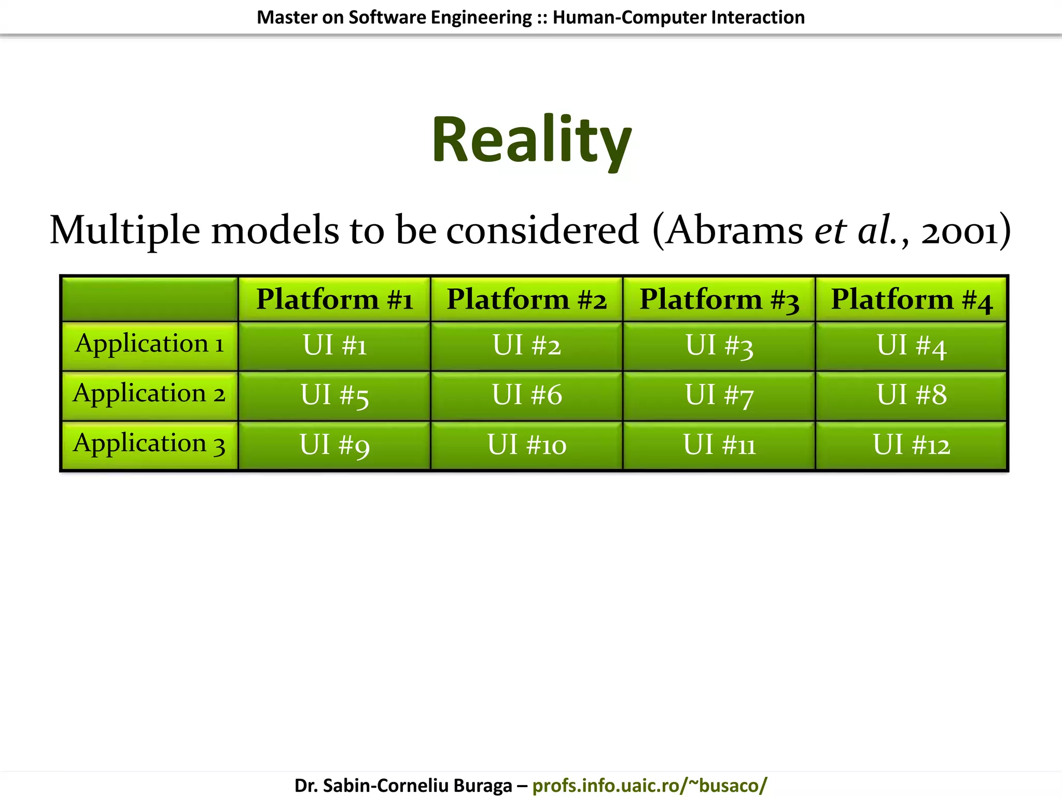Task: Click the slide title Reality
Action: (532, 140)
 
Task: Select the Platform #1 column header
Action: (334, 299)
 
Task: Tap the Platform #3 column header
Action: (719, 299)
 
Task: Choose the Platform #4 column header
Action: (911, 299)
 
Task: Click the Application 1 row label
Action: (149, 344)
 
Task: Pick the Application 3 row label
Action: (149, 444)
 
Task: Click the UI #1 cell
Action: (334, 346)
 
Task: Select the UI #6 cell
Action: (527, 395)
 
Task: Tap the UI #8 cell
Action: (911, 395)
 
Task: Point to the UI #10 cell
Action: (527, 445)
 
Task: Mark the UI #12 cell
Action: (911, 445)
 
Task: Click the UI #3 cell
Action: (719, 346)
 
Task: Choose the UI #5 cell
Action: (334, 395)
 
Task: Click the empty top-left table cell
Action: (149, 299)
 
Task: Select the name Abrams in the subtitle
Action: (734, 231)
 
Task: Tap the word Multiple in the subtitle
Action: (124, 231)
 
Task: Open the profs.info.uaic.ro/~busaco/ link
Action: (649, 785)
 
